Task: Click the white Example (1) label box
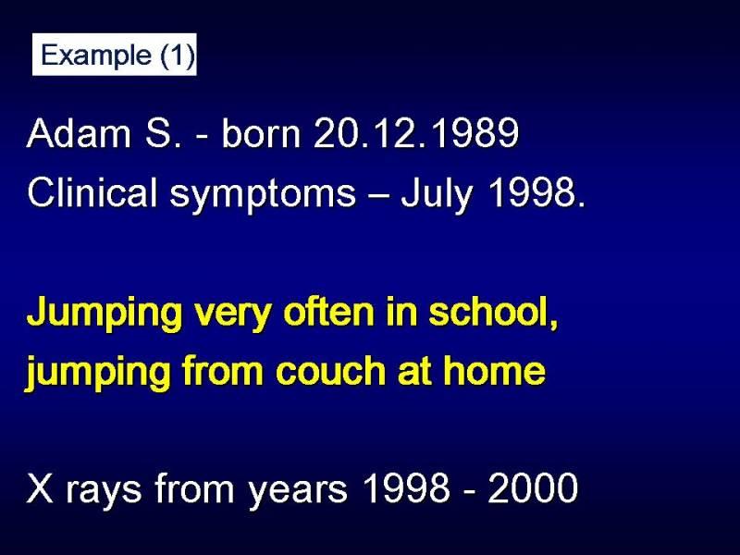(x=114, y=55)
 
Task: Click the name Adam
(x=79, y=133)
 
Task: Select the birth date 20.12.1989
(x=416, y=133)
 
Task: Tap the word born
(x=261, y=133)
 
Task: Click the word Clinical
(x=92, y=192)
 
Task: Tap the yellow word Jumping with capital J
(x=105, y=314)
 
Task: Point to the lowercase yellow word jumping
(x=97, y=373)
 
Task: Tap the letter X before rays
(x=40, y=487)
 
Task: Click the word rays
(x=104, y=492)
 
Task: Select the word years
(x=298, y=492)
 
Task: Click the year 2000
(x=533, y=487)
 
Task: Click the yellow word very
(x=233, y=314)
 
